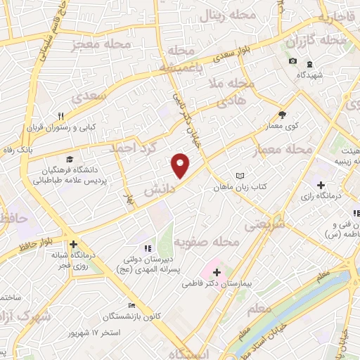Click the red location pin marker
click(181, 165)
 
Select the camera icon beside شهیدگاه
click(292, 62)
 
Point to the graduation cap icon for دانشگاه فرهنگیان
click(70, 159)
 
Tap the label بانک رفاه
click(18, 150)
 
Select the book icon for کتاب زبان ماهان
click(240, 175)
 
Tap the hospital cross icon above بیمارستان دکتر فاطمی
click(217, 271)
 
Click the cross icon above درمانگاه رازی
click(321, 184)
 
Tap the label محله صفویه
click(207, 242)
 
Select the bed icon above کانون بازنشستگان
click(131, 305)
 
